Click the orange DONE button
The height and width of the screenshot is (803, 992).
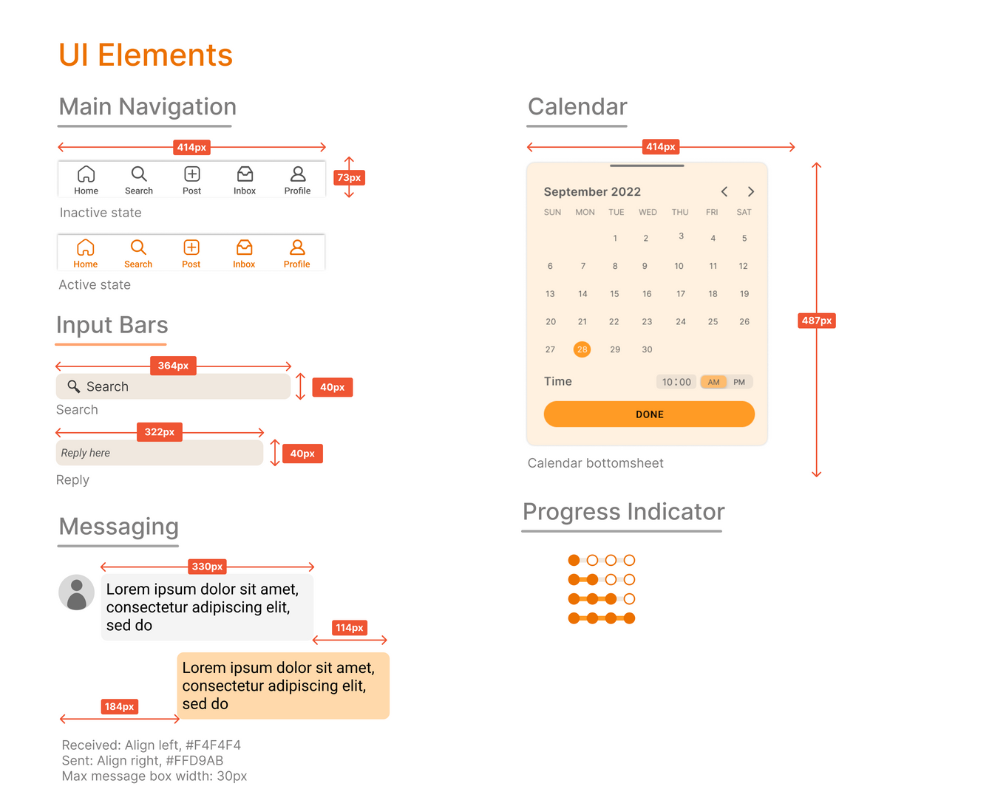point(649,414)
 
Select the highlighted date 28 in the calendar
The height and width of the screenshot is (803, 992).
point(582,349)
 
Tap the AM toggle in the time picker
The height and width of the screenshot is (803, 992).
point(713,382)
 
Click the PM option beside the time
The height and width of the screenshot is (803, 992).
point(739,382)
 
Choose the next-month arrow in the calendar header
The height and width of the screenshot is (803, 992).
point(751,192)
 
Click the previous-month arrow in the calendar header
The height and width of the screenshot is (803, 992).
point(724,192)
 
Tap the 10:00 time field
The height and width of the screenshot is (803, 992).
point(676,382)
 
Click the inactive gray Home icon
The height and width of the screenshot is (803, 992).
point(86,174)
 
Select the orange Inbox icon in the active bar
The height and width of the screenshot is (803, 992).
point(244,247)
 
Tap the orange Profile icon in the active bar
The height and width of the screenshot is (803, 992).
point(297,247)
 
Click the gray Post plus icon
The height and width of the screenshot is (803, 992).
point(192,174)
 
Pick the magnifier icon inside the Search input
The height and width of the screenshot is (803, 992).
point(74,386)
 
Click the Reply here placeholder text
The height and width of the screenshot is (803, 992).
point(86,453)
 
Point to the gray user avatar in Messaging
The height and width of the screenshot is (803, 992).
point(77,593)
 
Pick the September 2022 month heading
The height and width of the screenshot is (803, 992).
point(592,192)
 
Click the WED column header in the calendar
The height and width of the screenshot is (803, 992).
point(648,212)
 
